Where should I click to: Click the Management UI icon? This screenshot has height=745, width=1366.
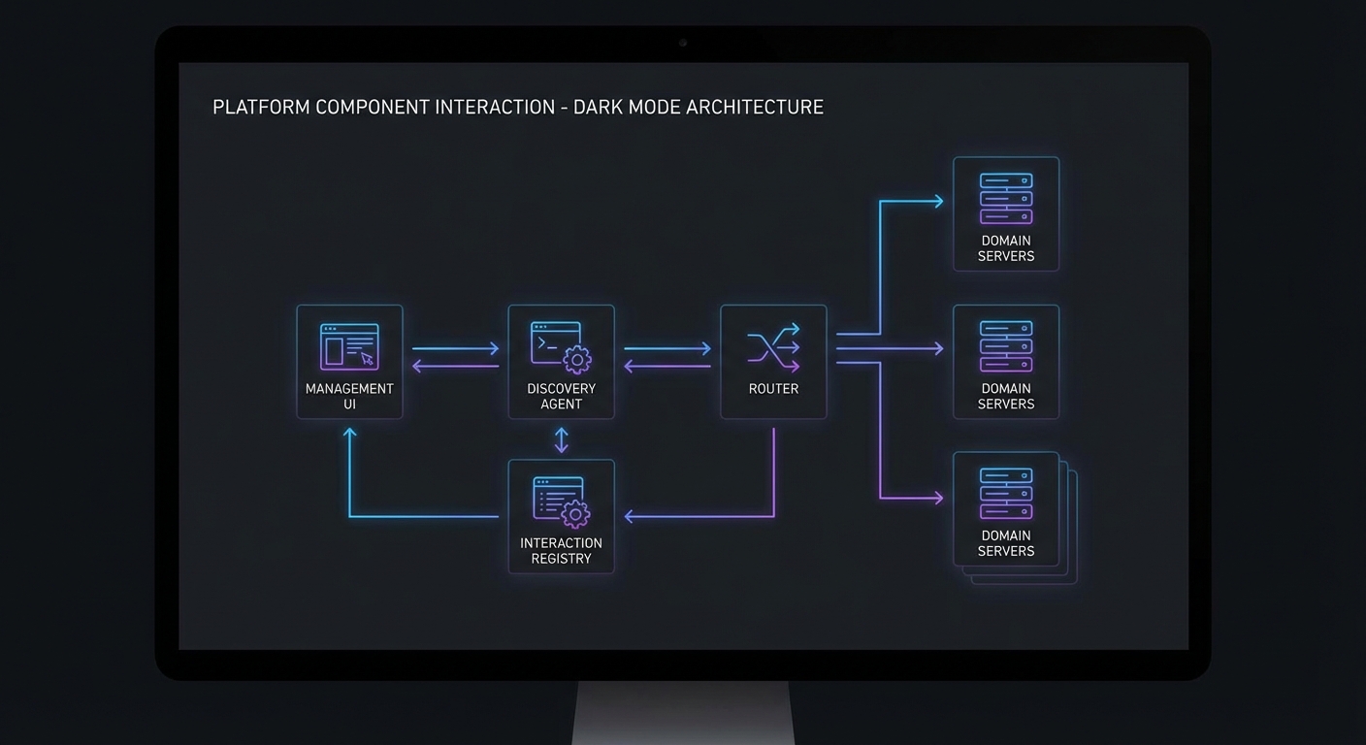(x=348, y=346)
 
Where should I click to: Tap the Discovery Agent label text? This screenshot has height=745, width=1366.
(x=561, y=396)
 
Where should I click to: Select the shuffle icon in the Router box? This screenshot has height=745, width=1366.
(x=773, y=347)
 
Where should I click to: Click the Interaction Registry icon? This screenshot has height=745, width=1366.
(x=561, y=501)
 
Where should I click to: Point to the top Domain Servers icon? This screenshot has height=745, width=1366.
(x=1006, y=198)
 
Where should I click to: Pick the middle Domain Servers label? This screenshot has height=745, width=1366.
(x=1006, y=396)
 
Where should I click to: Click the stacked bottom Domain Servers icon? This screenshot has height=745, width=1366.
(x=1006, y=493)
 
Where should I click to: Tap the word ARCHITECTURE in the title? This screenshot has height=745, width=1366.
(x=754, y=107)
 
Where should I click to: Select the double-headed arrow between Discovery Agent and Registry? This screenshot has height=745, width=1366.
(x=561, y=440)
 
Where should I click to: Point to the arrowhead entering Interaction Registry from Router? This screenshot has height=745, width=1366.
(x=630, y=516)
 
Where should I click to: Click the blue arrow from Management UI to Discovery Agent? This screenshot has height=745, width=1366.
(x=455, y=348)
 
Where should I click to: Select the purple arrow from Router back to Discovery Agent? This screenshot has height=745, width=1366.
(x=667, y=366)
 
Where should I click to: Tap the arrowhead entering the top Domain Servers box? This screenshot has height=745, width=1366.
(x=937, y=202)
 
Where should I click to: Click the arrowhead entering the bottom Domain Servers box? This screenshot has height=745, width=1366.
(x=937, y=498)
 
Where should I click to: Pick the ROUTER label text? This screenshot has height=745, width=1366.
(x=773, y=389)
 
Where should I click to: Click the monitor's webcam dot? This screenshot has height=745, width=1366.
(x=683, y=43)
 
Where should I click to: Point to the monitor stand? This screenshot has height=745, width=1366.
(x=683, y=713)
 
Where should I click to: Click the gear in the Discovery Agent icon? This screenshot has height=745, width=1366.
(x=577, y=360)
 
